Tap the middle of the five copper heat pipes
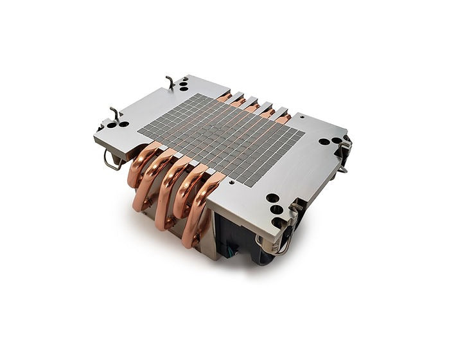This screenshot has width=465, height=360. tap(171, 186)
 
